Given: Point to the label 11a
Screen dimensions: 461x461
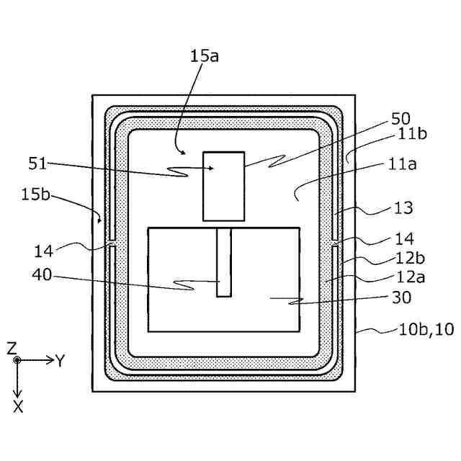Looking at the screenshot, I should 403,164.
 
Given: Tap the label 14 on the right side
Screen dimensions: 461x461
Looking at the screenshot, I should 405,238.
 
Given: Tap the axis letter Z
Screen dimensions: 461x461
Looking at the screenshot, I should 12,348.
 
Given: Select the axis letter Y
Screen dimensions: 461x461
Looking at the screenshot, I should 60,361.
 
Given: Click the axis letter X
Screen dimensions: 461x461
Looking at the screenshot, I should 18,407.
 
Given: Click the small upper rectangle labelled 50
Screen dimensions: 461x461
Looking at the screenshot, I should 224,185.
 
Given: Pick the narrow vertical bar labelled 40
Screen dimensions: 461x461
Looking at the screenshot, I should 224,262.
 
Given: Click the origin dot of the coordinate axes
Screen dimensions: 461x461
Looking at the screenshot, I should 18,359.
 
